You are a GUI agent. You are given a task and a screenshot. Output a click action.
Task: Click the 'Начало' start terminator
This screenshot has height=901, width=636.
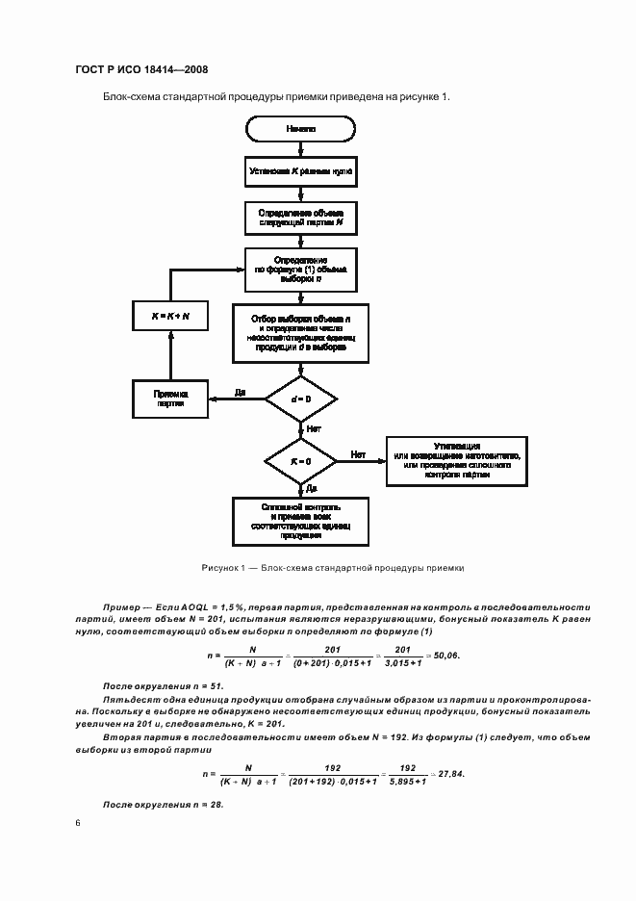(x=301, y=128)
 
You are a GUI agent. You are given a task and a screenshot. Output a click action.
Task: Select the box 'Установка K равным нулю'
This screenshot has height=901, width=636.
(x=301, y=172)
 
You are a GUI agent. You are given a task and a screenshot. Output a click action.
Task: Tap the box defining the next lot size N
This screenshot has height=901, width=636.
(x=301, y=218)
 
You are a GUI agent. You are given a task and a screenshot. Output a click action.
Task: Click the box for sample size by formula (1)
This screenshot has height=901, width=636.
(x=301, y=271)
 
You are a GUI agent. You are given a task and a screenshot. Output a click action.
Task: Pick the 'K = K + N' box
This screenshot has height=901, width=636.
(x=170, y=316)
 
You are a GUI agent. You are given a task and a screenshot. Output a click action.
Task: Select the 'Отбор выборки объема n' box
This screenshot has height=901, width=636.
(x=301, y=334)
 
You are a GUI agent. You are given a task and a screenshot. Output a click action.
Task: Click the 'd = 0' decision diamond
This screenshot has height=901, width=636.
(x=301, y=399)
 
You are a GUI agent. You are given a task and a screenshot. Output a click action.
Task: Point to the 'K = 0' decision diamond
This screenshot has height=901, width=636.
(x=301, y=462)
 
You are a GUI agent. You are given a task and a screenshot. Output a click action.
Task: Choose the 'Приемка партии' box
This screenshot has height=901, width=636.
(x=170, y=399)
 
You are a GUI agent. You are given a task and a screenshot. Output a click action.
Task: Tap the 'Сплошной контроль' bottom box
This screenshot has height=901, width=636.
(x=301, y=520)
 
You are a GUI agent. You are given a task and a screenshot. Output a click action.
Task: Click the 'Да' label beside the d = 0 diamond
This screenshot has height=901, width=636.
(x=240, y=392)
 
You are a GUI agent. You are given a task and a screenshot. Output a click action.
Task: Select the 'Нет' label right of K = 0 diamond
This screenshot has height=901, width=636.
(x=358, y=454)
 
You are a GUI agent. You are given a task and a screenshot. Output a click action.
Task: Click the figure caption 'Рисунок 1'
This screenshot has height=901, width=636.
(x=331, y=568)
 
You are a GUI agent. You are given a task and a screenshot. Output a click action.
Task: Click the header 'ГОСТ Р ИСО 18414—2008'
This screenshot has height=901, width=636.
(x=140, y=69)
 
